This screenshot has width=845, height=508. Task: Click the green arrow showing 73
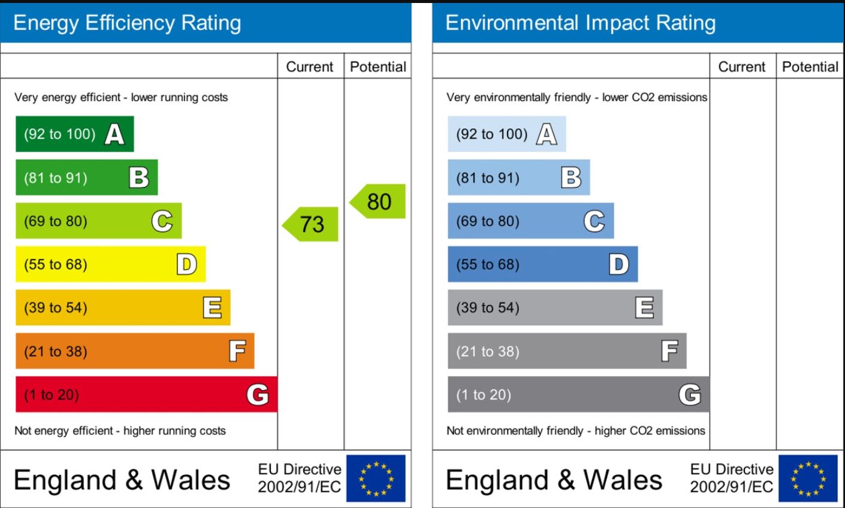pyautogui.click(x=311, y=224)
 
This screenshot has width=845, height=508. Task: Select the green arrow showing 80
pyautogui.click(x=378, y=201)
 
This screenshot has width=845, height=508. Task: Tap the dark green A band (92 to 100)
pyautogui.click(x=74, y=134)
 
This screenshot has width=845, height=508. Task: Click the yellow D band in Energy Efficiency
pyautogui.click(x=110, y=264)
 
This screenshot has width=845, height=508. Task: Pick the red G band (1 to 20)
pyautogui.click(x=146, y=394)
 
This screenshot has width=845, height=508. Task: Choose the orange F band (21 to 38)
pyautogui.click(x=135, y=351)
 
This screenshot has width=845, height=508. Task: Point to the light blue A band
pyautogui.click(x=506, y=134)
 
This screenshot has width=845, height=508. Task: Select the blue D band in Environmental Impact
pyautogui.click(x=542, y=264)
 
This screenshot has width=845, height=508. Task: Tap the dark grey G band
pyautogui.click(x=578, y=394)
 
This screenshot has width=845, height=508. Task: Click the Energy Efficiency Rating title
pyautogui.click(x=127, y=23)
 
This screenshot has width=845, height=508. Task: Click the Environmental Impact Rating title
pyautogui.click(x=580, y=23)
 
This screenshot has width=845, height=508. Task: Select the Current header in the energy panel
pyautogui.click(x=310, y=66)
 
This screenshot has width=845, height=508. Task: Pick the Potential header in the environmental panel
pyautogui.click(x=810, y=66)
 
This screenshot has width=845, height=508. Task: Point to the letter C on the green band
pyautogui.click(x=162, y=221)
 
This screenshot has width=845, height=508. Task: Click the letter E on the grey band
pyautogui.click(x=644, y=307)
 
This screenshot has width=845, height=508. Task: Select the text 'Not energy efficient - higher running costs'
pyautogui.click(x=120, y=431)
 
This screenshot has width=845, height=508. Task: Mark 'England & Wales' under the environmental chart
pyautogui.click(x=554, y=480)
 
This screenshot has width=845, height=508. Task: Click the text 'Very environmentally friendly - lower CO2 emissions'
pyautogui.click(x=577, y=97)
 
